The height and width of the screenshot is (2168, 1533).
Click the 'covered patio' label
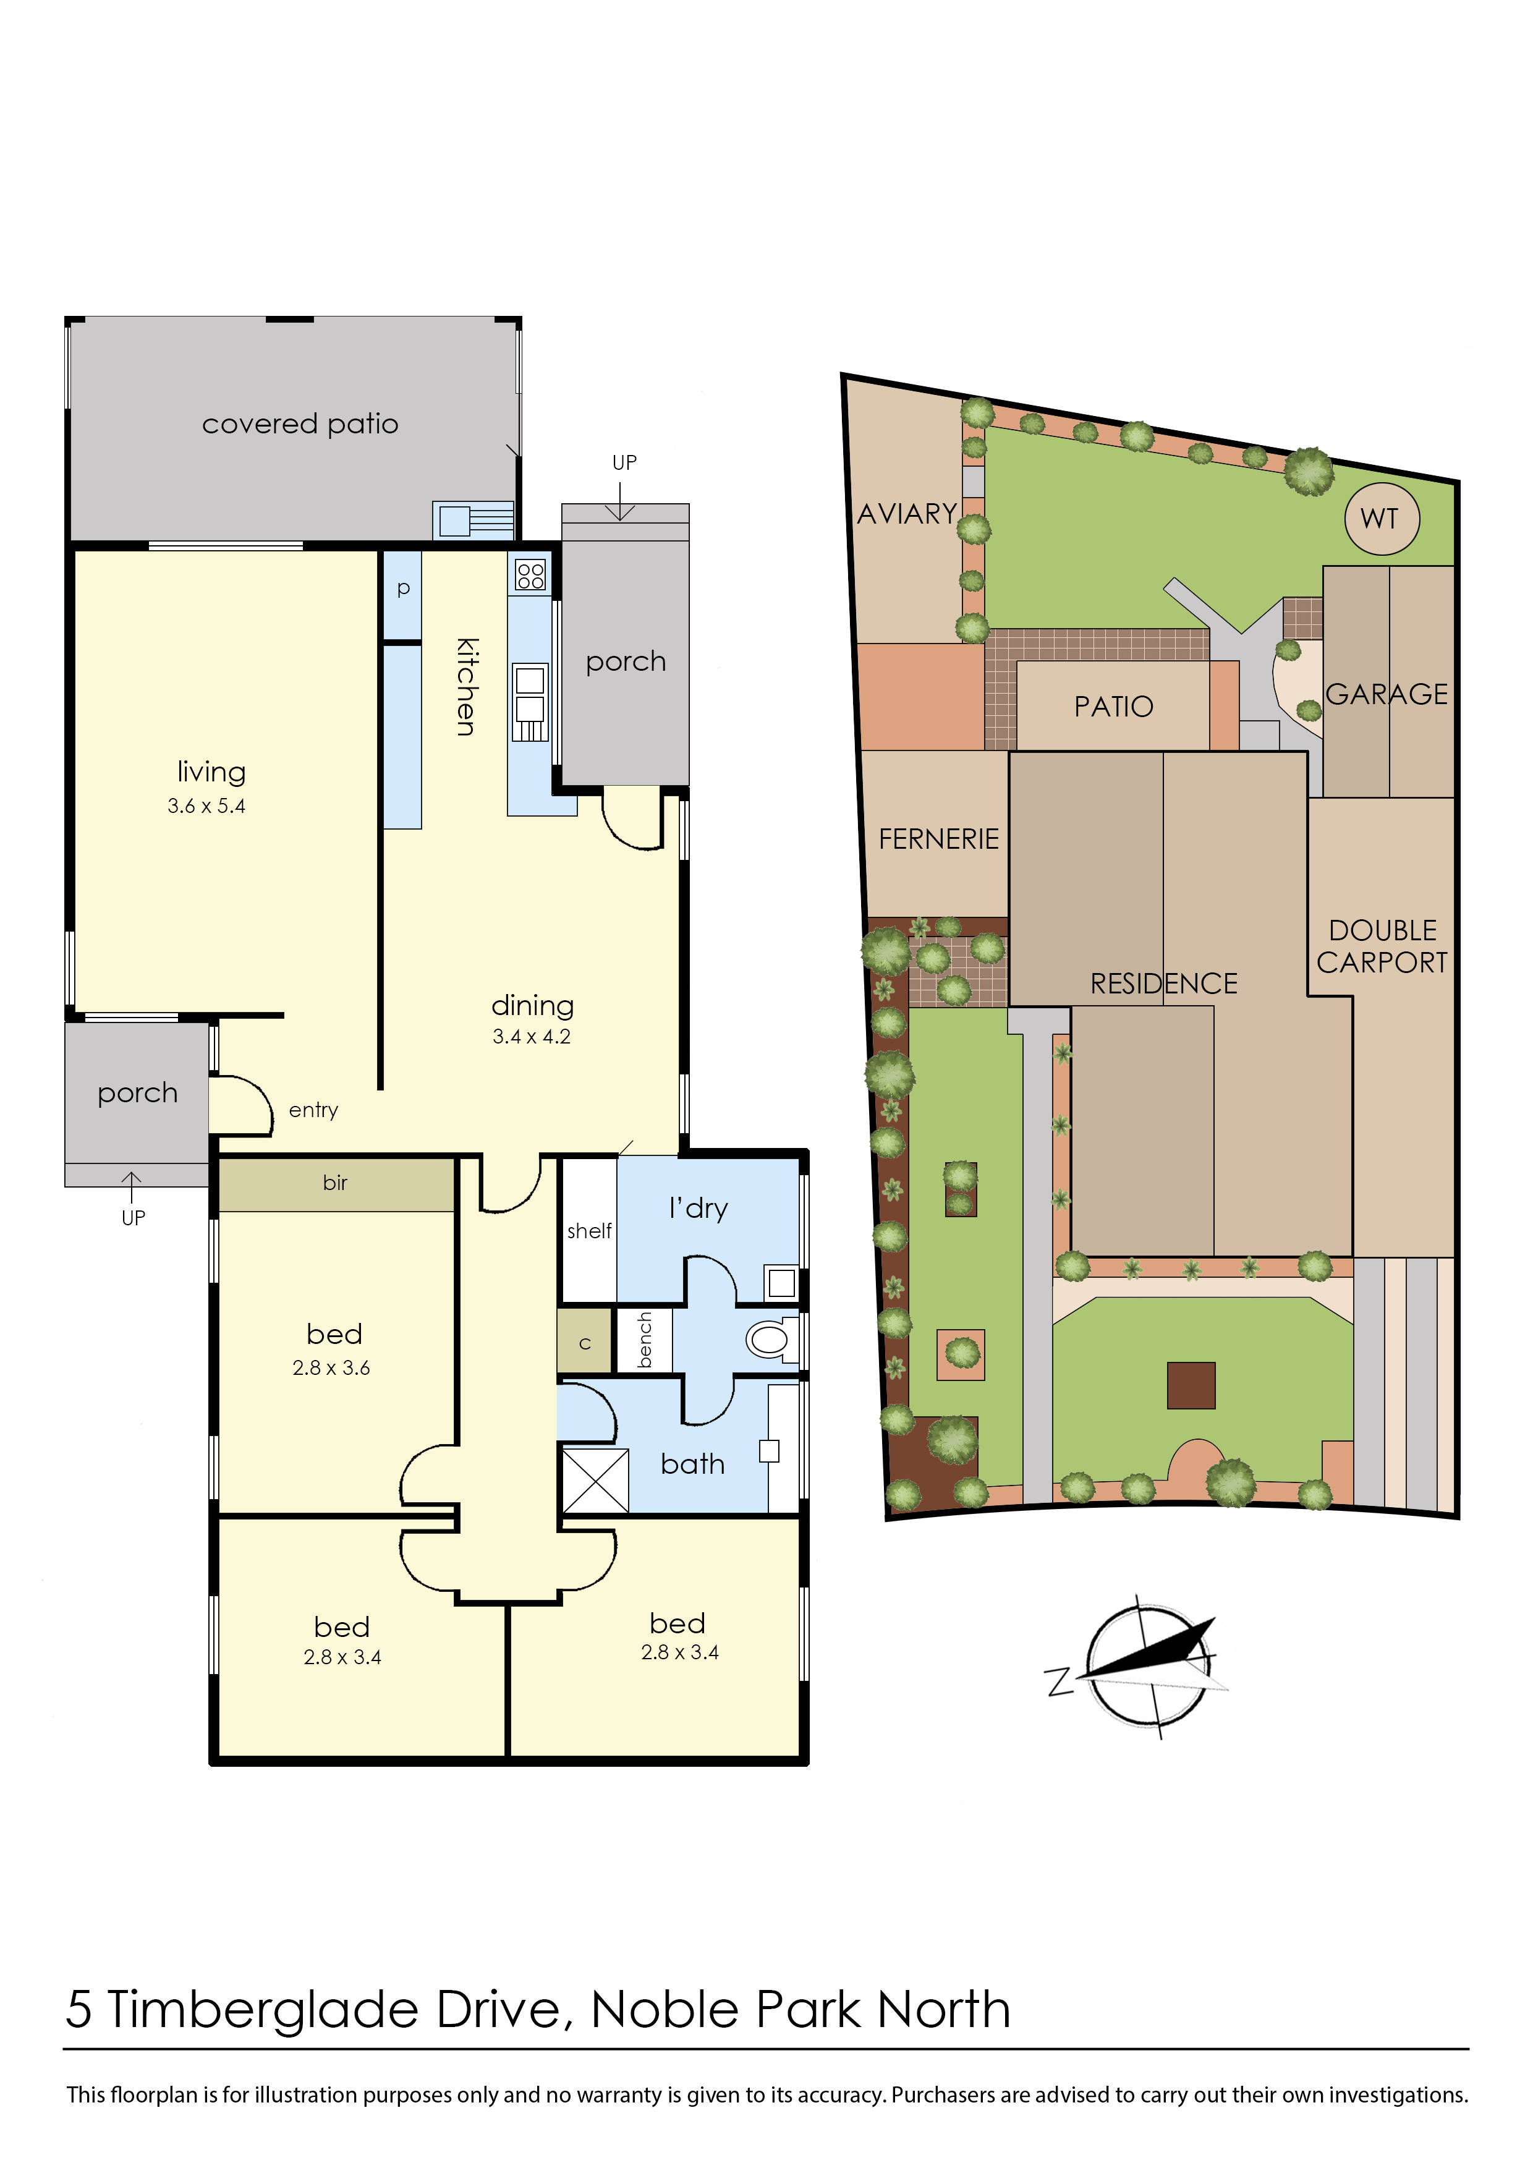point(300,424)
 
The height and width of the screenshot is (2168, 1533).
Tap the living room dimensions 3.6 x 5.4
point(206,806)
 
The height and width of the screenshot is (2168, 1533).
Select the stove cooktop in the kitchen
point(530,575)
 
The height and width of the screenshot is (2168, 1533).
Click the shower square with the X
point(595,1481)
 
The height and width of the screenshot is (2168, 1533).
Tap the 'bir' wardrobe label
point(335,1182)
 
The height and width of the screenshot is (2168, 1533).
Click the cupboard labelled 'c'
point(584,1343)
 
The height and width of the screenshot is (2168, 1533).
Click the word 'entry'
point(313,1110)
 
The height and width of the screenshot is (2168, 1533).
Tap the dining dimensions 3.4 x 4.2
point(532,1037)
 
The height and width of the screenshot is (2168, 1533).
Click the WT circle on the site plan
point(1380,519)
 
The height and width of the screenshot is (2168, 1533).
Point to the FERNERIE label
point(938,838)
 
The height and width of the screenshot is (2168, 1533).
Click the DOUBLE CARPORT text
point(1382,946)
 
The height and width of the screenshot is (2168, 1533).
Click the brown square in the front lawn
point(1191,1385)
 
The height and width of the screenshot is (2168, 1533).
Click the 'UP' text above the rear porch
point(624,462)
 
